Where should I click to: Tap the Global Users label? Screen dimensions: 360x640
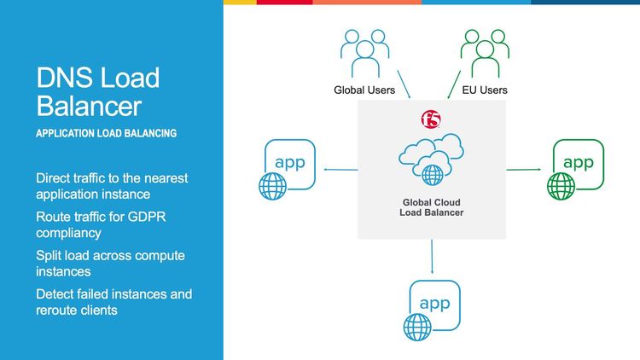point(365,90)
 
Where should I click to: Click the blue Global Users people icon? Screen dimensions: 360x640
point(365,54)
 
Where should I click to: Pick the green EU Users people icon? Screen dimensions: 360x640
point(482,54)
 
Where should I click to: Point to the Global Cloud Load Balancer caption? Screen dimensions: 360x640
point(432,206)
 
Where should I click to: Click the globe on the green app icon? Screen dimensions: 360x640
point(561,183)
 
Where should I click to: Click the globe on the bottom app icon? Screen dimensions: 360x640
point(417,325)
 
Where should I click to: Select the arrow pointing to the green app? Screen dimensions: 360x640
point(525,170)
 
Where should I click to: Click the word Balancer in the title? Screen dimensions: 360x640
point(89,107)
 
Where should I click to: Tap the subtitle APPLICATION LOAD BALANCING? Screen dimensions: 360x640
point(107,134)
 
